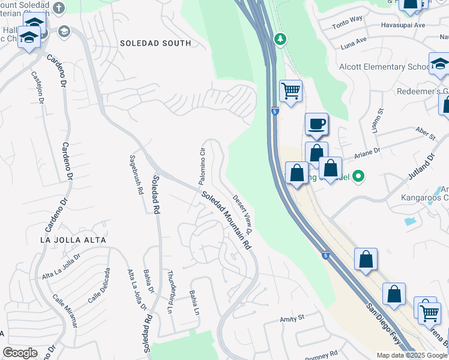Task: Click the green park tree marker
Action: [280, 39]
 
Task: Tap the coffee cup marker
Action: [316, 124]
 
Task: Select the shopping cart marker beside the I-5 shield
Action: [291, 92]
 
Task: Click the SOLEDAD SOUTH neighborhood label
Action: [155, 43]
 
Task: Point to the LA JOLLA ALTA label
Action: [73, 239]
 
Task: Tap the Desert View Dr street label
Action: [242, 214]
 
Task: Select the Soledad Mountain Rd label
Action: [226, 221]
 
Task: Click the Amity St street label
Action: [293, 317]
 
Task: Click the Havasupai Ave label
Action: [403, 25]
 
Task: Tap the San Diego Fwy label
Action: [384, 325]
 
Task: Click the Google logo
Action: [20, 353]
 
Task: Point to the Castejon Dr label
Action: [37, 90]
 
